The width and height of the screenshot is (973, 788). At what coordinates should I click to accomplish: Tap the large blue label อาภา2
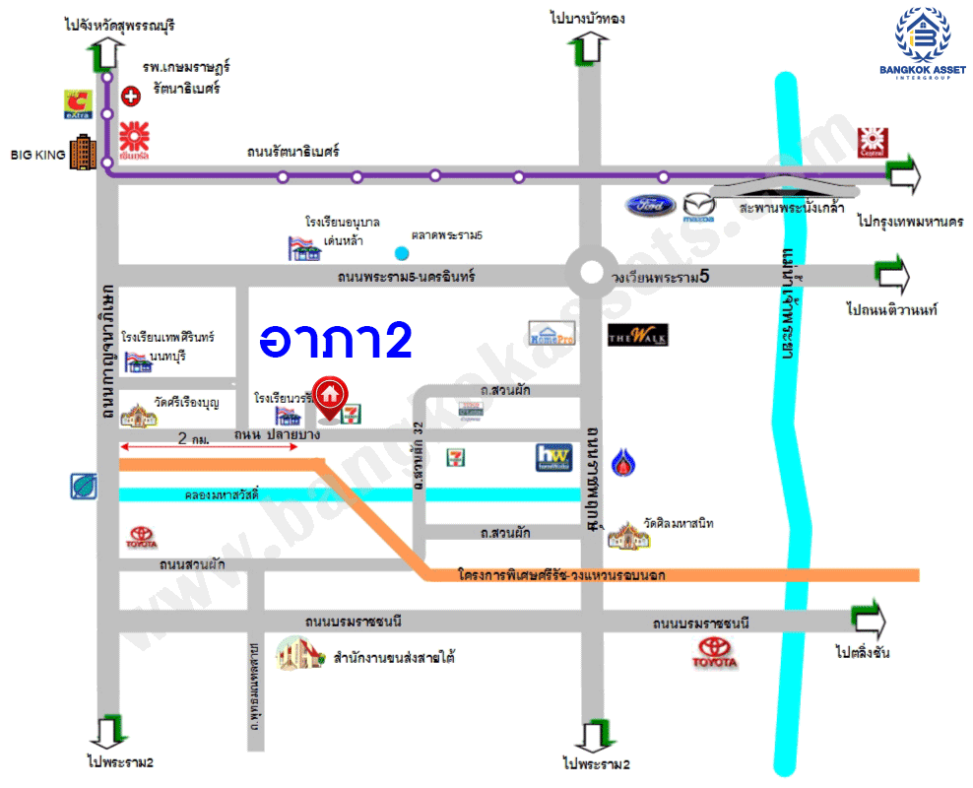tap(335, 340)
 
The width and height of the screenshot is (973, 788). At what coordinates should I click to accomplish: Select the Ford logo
tap(650, 206)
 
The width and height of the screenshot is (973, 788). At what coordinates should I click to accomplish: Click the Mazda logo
tap(698, 206)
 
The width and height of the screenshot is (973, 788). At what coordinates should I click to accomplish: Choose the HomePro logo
tap(551, 333)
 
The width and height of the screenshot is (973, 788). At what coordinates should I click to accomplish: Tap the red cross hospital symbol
tap(130, 96)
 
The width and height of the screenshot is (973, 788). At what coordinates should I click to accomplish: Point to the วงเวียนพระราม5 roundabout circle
tap(591, 273)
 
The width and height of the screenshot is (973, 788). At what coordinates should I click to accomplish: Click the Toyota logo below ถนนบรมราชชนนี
tap(716, 652)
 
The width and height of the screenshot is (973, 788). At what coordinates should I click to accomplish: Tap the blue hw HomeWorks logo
tap(553, 458)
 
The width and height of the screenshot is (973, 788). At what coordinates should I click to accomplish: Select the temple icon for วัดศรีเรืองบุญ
tap(139, 415)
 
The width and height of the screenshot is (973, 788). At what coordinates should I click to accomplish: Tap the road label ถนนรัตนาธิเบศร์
tap(293, 152)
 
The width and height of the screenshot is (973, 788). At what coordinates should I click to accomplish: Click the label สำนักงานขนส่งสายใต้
tap(394, 657)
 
